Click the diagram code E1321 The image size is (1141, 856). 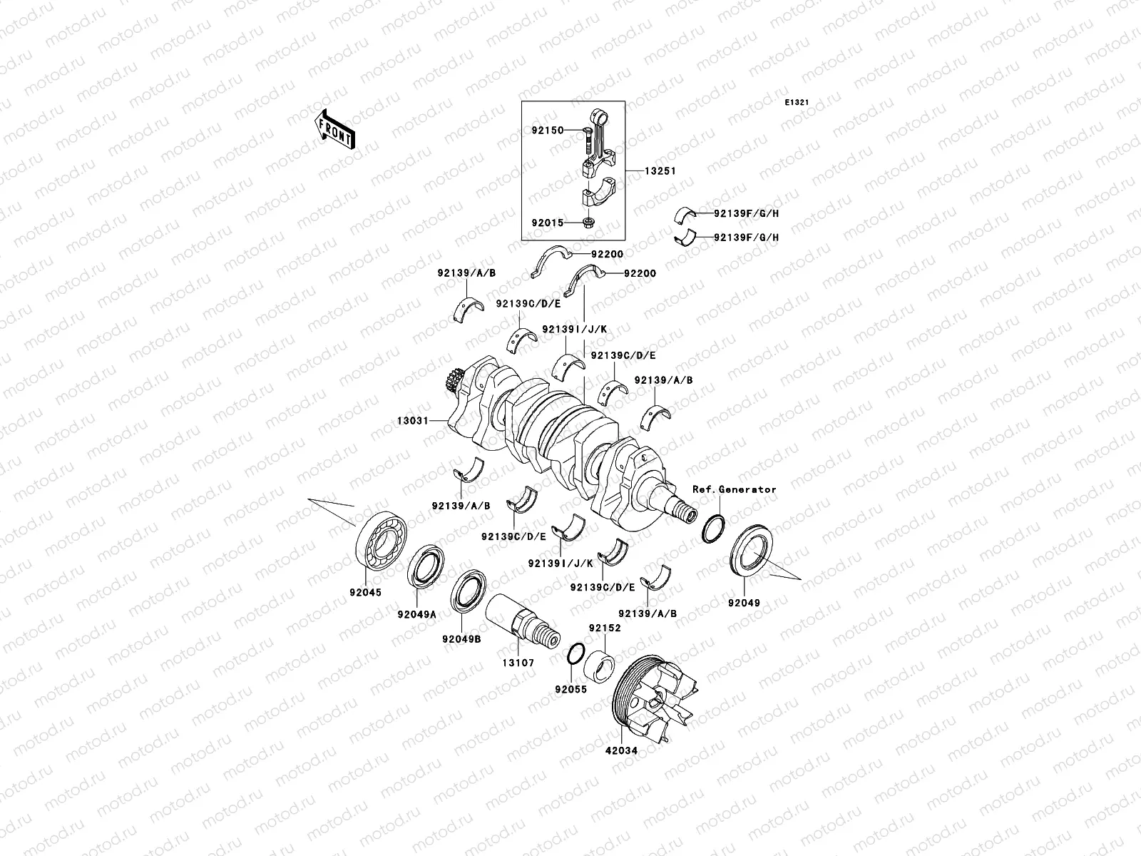[797, 103]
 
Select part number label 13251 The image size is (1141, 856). [660, 171]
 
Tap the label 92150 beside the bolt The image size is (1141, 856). [547, 131]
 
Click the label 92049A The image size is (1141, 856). [417, 614]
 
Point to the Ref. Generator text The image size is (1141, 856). [734, 489]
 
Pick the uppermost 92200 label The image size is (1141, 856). [607, 253]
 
